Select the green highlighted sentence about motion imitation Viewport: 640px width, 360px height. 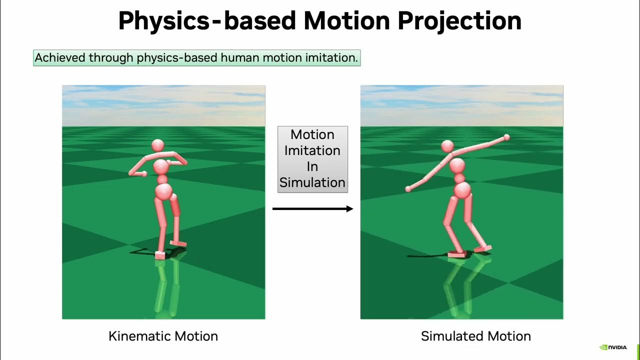(196, 58)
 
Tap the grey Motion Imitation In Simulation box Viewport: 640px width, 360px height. (312, 159)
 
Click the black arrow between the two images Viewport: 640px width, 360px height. (312, 209)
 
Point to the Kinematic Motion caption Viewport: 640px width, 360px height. (163, 336)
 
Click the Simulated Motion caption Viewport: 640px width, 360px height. (475, 336)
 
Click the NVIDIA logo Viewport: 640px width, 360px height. (613, 347)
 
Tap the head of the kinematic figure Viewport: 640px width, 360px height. (157, 145)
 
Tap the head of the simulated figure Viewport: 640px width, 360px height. (447, 146)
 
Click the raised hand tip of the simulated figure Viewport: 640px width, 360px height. (506, 137)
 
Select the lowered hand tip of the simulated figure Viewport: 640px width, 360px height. (408, 189)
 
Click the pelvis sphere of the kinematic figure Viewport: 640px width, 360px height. (163, 191)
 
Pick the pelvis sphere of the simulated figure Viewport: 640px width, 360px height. (462, 190)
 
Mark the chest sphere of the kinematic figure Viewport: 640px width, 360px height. (161, 166)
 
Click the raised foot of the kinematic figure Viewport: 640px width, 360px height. (178, 243)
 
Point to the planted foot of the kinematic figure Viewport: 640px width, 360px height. (160, 255)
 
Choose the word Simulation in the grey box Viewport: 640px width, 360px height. (312, 183)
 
